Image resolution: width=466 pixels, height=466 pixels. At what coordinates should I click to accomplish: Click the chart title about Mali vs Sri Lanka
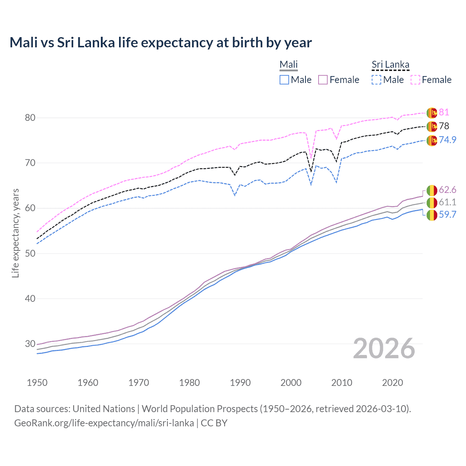coord(161,43)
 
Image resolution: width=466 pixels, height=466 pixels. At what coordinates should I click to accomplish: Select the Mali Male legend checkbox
coord(284,80)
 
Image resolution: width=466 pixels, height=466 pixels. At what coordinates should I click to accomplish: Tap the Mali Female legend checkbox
coord(323,80)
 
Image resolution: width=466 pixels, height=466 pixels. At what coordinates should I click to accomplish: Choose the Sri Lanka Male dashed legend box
coord(376,80)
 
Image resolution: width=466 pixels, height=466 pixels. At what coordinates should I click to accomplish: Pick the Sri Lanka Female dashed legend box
coord(415,80)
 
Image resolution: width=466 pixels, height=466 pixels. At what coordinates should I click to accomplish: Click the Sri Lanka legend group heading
coord(390,65)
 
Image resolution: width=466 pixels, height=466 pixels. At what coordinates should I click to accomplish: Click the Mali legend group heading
coord(288,65)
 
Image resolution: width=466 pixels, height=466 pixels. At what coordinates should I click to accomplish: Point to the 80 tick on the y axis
coord(30,118)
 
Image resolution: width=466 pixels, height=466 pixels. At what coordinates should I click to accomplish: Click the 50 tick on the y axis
coord(30,253)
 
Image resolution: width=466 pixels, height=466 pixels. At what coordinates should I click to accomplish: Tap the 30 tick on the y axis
coord(30,344)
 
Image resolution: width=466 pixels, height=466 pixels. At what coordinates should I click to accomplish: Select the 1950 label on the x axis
coord(37,383)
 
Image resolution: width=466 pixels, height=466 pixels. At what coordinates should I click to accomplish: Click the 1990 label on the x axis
coord(240,383)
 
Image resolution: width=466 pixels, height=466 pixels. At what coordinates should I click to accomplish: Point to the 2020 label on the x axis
coord(392,383)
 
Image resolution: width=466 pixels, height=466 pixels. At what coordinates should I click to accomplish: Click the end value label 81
coord(444,112)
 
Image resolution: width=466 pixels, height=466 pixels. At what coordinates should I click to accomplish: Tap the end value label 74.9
coord(447,140)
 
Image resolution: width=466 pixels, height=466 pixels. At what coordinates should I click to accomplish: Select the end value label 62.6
coord(447,190)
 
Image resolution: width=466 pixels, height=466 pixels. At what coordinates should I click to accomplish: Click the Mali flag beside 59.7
coord(432,215)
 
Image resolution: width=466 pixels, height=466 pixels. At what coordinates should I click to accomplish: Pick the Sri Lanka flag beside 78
coord(432,126)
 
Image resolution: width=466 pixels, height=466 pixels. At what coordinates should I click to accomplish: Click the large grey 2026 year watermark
coord(384,349)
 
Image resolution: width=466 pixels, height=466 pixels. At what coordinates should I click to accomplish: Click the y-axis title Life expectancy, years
coord(16,233)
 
